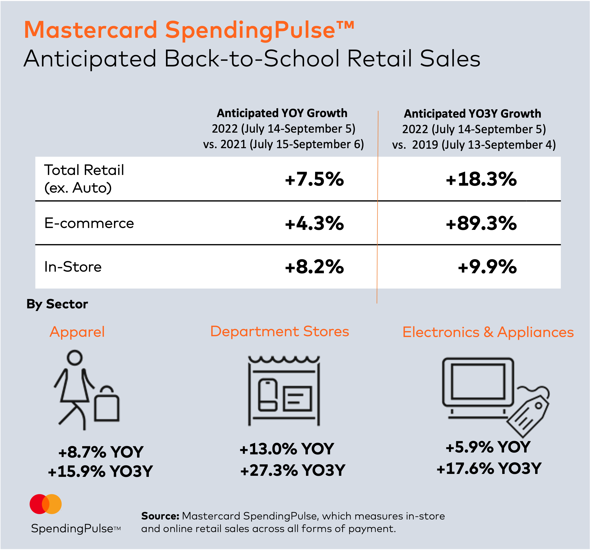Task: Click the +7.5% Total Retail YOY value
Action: click(x=314, y=179)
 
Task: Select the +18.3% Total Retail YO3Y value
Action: click(x=481, y=179)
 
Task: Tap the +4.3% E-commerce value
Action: click(x=314, y=223)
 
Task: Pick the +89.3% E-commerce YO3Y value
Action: click(x=481, y=223)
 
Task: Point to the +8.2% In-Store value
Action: click(x=314, y=267)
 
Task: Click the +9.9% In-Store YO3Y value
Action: click(x=487, y=267)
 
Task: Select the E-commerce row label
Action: click(x=89, y=223)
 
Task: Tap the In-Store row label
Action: click(x=73, y=267)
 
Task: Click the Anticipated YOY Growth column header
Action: click(x=282, y=113)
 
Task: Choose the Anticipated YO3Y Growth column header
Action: click(x=472, y=114)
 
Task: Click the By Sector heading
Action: click(x=57, y=304)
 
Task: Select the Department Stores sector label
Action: click(x=279, y=331)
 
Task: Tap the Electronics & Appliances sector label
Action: click(x=488, y=332)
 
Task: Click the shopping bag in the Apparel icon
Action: click(x=107, y=406)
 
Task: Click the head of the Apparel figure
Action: click(x=74, y=358)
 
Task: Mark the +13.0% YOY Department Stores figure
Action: click(x=287, y=449)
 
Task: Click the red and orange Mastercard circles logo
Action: click(x=46, y=504)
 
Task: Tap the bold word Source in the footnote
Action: click(x=160, y=516)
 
